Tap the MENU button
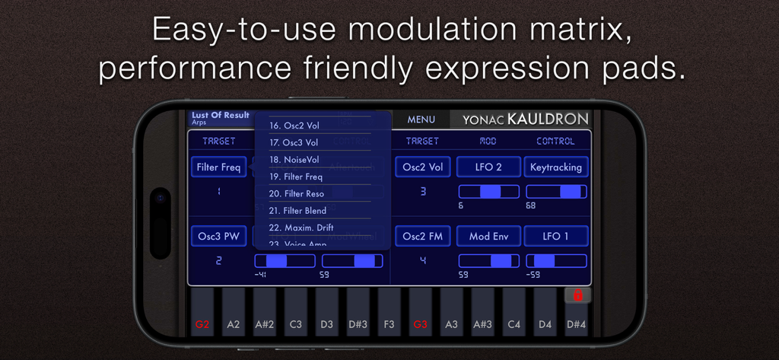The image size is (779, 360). point(421,119)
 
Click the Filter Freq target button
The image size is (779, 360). point(218,167)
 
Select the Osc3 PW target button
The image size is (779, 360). point(218,236)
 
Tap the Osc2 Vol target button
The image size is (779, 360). point(423,167)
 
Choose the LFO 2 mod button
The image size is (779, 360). point(488,167)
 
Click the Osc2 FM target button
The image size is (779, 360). point(423,236)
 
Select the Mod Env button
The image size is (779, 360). point(488,236)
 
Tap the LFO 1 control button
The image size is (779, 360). point(555,236)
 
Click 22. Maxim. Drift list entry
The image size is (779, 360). point(301,228)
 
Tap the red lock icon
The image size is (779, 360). point(577,295)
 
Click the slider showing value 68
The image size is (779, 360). point(556,192)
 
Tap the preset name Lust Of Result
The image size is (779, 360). point(221,116)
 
